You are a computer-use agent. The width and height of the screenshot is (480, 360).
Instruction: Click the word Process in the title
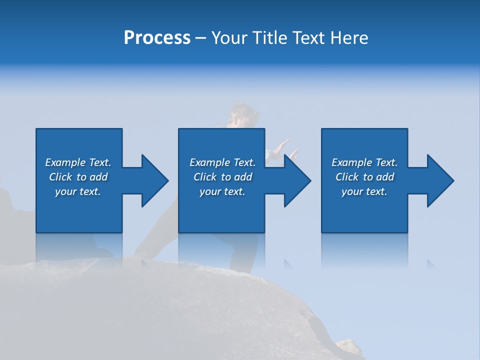(157, 38)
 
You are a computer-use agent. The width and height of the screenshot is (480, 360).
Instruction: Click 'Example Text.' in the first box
(78, 162)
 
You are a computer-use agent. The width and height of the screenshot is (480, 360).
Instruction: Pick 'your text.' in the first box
(78, 191)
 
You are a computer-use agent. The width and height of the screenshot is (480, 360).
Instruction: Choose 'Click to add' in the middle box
(222, 177)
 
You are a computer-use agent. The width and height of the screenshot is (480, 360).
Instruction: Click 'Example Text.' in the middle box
(222, 162)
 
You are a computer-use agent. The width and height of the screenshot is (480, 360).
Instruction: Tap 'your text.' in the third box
(364, 191)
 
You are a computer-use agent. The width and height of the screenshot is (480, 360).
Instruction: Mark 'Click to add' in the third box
(364, 177)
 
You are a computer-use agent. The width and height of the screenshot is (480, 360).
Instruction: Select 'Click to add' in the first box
(78, 177)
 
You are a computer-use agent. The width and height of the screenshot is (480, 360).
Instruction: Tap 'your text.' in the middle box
(222, 191)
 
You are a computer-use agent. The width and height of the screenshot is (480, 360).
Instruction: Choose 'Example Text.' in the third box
(364, 162)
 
